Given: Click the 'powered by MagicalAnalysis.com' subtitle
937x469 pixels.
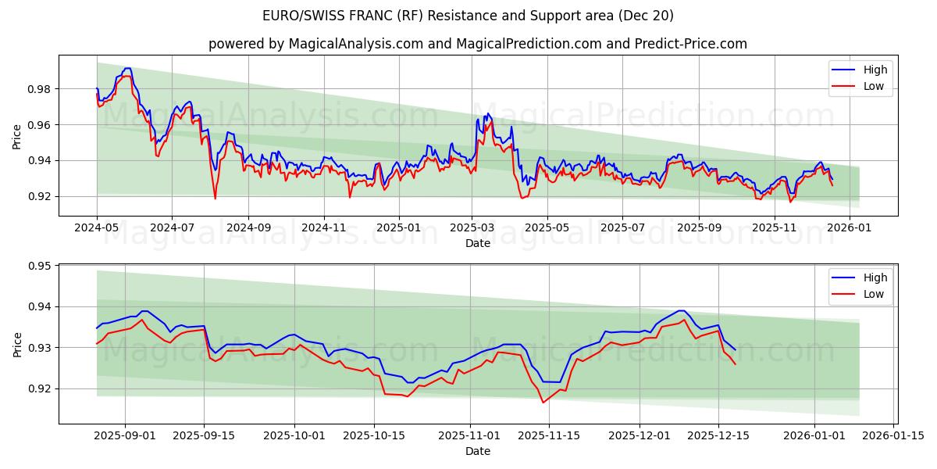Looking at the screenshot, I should (x=478, y=44).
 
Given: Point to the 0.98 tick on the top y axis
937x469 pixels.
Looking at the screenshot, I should (x=39, y=89).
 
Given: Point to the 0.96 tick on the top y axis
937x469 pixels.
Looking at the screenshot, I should (x=39, y=125).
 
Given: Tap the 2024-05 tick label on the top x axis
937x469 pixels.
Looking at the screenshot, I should (x=97, y=227).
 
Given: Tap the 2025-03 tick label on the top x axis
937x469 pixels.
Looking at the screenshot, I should (x=471, y=227).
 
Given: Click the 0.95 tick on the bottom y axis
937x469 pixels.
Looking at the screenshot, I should (x=39, y=266).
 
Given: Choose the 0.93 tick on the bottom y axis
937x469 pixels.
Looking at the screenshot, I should (x=39, y=347).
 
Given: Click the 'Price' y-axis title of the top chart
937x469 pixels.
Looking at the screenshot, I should (x=17, y=136).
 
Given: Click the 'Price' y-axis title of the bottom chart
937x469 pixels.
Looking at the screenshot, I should (x=17, y=344).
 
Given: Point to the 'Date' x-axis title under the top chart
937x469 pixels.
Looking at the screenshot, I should (x=478, y=243).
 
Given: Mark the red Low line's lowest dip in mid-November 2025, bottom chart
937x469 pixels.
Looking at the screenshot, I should (x=543, y=403).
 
